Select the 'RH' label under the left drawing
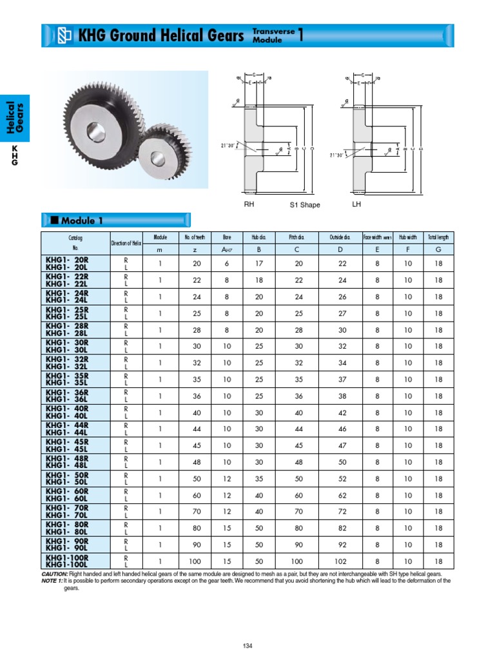click(249, 204)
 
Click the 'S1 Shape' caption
click(304, 205)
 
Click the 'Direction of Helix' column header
click(126, 243)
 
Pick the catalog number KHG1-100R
click(67, 558)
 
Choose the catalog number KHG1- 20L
click(67, 267)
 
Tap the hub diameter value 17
click(260, 263)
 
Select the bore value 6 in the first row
click(226, 263)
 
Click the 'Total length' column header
click(438, 237)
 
